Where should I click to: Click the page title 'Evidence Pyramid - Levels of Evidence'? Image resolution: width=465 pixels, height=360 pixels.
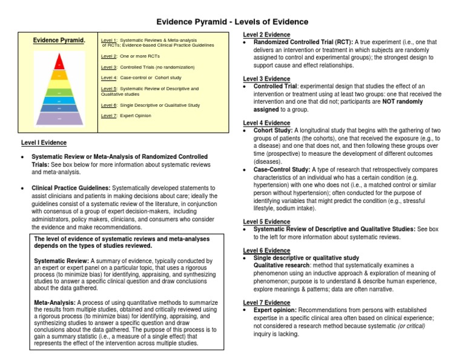pyautogui.click(x=232, y=22)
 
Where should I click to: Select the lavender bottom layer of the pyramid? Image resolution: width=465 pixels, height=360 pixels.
pyautogui.click(x=59, y=119)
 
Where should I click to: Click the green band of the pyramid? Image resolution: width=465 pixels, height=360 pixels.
pyautogui.click(x=59, y=93)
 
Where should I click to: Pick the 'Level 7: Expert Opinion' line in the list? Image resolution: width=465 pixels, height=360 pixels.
pyautogui.click(x=126, y=115)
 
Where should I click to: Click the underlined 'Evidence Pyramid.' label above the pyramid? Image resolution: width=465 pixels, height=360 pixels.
pyautogui.click(x=59, y=41)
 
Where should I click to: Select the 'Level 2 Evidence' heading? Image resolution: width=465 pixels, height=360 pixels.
pyautogui.click(x=266, y=35)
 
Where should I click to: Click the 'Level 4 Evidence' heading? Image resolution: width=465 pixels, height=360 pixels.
pyautogui.click(x=266, y=123)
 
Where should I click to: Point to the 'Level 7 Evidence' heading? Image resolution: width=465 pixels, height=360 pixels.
pyautogui.click(x=266, y=302)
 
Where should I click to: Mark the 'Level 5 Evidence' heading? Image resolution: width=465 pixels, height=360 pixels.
pyautogui.click(x=266, y=222)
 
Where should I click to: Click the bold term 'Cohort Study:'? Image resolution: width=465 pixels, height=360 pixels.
pyautogui.click(x=273, y=130)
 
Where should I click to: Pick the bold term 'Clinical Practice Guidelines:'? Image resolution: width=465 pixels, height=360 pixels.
pyautogui.click(x=70, y=188)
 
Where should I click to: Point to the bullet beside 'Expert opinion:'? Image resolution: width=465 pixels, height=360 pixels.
pyautogui.click(x=244, y=310)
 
